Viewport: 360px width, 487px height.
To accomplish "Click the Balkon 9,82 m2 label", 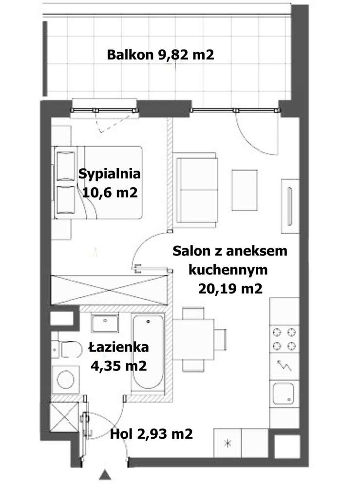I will point(160,55).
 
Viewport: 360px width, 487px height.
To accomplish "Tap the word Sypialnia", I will point(110,174).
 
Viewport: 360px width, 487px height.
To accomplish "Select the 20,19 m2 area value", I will point(230,289).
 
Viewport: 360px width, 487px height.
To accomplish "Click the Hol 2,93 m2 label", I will point(151,433).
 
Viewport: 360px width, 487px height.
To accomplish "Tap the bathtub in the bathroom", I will point(149,352).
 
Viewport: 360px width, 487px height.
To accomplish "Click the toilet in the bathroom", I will point(68,350).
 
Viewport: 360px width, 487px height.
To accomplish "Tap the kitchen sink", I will point(284,393).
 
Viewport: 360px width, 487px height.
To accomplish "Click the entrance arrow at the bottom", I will point(104,475).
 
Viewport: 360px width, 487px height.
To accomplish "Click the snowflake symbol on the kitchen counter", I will point(227,444).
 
